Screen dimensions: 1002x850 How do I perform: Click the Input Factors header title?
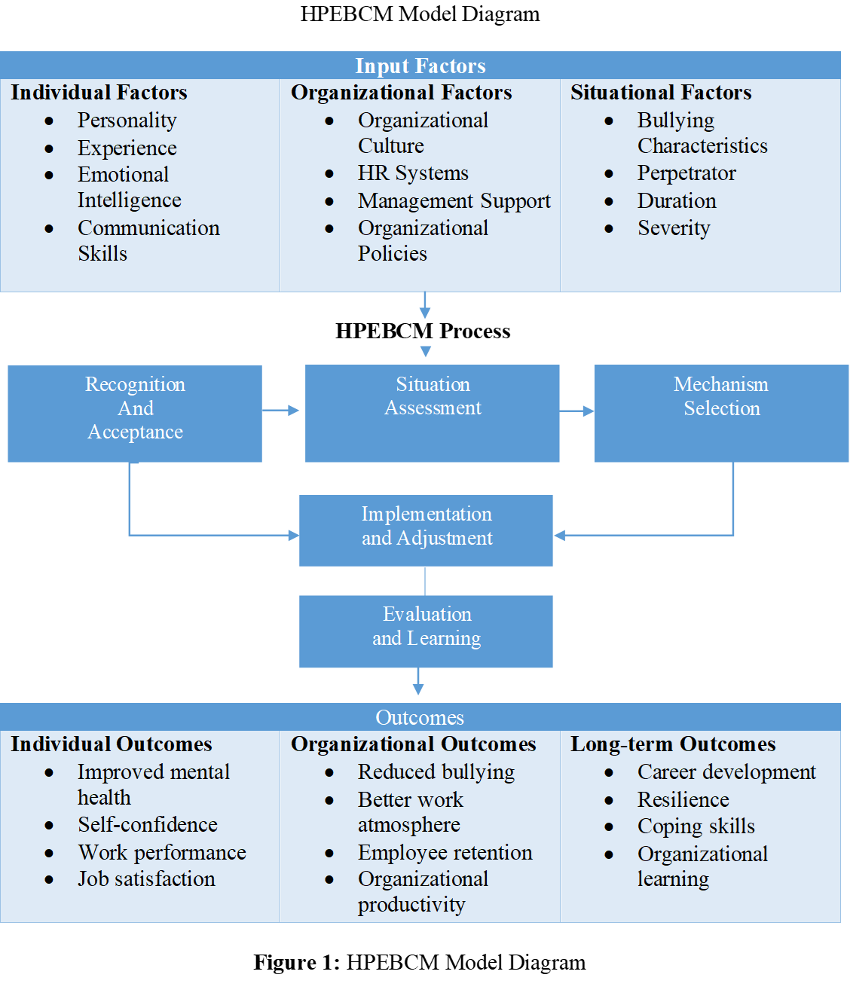click(x=420, y=66)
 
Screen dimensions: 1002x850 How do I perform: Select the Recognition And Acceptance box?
click(x=135, y=413)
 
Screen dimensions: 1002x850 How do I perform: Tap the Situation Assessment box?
click(x=433, y=413)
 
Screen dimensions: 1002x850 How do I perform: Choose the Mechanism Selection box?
click(x=721, y=413)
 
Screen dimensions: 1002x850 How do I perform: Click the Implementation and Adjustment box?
click(x=427, y=530)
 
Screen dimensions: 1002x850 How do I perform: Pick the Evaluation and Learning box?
click(x=427, y=631)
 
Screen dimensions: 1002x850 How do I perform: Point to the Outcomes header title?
click(x=420, y=717)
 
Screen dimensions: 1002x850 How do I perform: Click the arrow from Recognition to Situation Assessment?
click(x=283, y=411)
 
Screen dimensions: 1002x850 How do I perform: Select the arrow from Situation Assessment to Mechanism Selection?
click(x=577, y=411)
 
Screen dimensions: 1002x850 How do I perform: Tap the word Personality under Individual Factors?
click(x=127, y=121)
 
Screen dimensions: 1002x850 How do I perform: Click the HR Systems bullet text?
click(x=413, y=173)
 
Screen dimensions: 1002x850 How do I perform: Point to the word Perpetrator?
click(x=686, y=173)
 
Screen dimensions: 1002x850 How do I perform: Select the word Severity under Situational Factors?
click(x=674, y=228)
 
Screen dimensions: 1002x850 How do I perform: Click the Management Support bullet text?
click(x=454, y=201)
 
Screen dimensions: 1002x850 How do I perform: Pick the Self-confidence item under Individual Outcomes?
click(x=147, y=825)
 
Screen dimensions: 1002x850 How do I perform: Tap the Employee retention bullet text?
click(x=445, y=853)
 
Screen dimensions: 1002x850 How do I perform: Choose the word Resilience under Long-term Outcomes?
click(x=683, y=800)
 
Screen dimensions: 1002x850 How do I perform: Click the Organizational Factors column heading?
click(x=401, y=93)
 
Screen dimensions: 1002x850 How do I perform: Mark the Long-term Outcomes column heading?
click(x=672, y=744)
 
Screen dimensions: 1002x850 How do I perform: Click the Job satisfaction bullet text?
click(x=146, y=879)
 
